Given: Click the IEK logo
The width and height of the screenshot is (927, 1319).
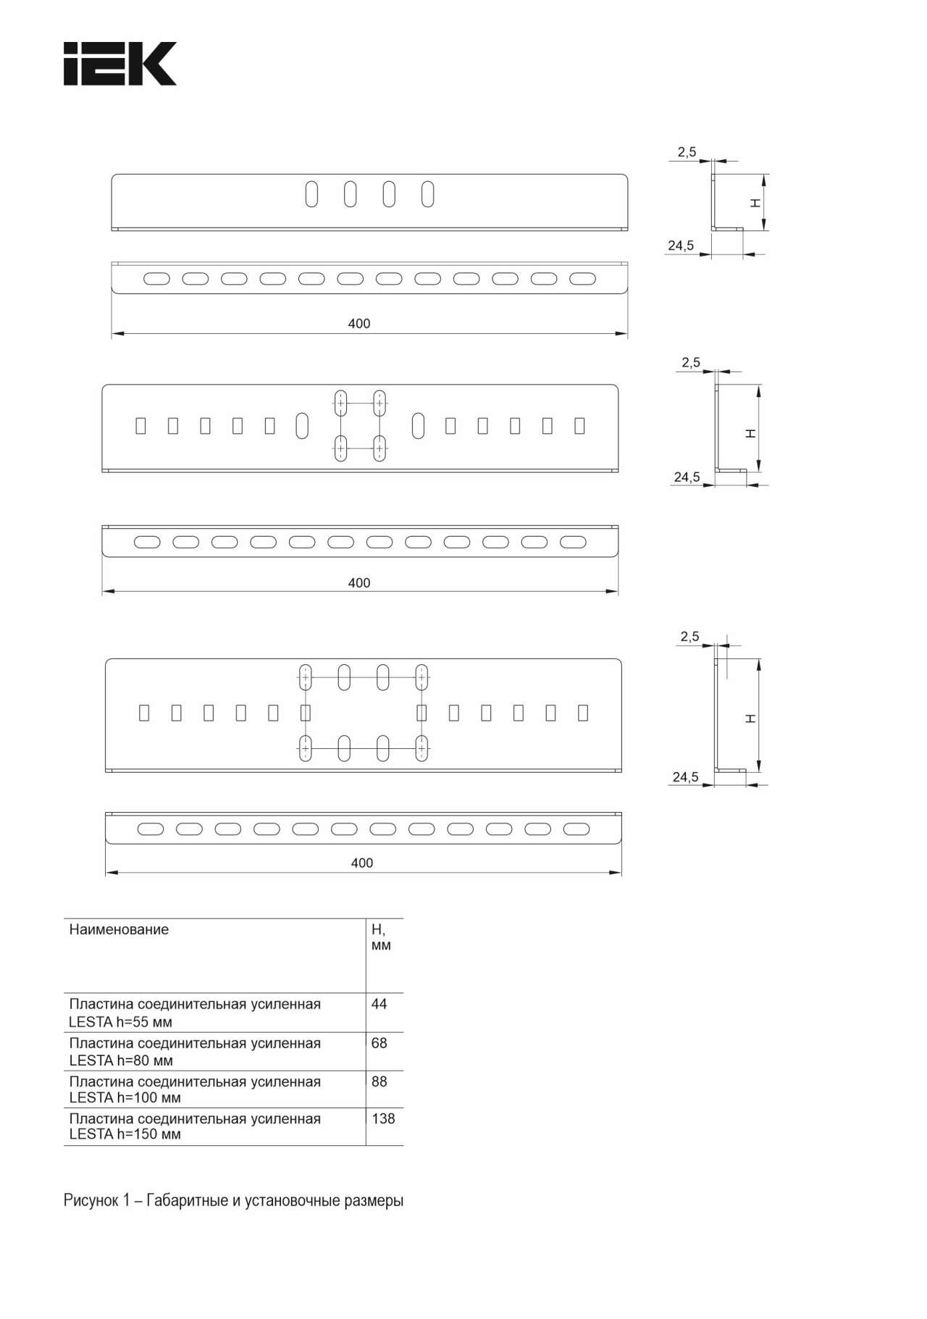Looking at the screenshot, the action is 120,64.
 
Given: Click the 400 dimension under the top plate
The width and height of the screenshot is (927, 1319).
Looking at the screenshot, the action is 359,324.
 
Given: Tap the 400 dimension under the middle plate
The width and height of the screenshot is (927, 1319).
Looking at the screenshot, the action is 359,583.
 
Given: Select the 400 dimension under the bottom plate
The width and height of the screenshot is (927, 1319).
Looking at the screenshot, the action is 362,863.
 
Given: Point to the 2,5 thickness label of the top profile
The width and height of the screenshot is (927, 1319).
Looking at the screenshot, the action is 687,152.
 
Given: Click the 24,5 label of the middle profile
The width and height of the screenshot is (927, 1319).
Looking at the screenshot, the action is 687,477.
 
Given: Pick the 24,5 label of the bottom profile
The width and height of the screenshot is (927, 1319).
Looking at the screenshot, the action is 686,777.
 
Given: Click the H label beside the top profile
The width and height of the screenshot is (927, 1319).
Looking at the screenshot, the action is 755,204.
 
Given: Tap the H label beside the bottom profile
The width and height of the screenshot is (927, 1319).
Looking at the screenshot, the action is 751,718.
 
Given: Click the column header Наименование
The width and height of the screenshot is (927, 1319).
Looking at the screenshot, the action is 119,929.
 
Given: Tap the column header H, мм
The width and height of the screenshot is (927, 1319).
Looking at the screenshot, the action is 381,937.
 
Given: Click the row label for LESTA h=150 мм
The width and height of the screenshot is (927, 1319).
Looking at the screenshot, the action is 195,1126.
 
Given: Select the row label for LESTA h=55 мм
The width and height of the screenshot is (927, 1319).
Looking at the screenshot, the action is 195,1013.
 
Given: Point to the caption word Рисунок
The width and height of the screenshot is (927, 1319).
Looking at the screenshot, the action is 90,1200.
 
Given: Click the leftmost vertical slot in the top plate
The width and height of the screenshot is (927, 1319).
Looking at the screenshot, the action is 311,194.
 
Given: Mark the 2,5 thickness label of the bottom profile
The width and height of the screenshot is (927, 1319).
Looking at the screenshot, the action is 689,637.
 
